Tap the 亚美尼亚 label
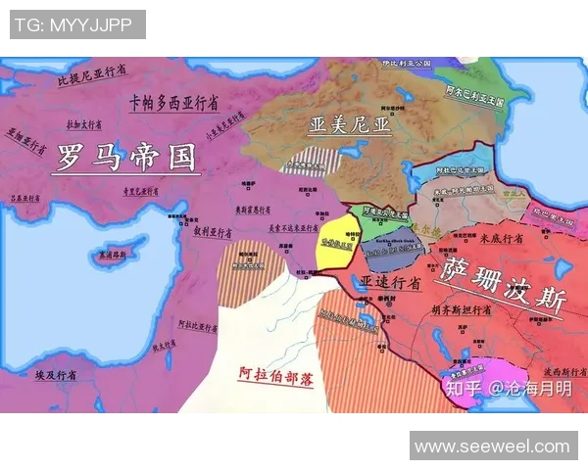[349, 125]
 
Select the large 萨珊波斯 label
[502, 284]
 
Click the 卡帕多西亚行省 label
[173, 103]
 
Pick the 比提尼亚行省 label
[92, 75]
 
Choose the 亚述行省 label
[390, 282]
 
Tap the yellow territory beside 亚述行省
[333, 245]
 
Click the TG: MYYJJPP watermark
[77, 23]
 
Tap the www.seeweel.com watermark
[492, 446]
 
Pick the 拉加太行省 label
[83, 125]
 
